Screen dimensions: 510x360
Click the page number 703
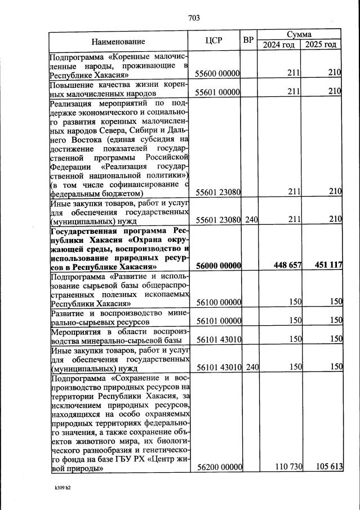pyautogui.click(x=194, y=18)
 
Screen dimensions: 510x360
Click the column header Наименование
pyautogui.click(x=118, y=41)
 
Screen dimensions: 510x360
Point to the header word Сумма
pyautogui.click(x=299, y=34)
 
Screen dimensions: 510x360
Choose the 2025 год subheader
pyautogui.click(x=321, y=45)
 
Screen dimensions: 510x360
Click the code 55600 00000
pyautogui.click(x=217, y=73)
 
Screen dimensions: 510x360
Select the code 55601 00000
pyautogui.click(x=217, y=91)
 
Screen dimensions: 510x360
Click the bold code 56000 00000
pyautogui.click(x=217, y=266)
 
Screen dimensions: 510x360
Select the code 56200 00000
pyautogui.click(x=217, y=467)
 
